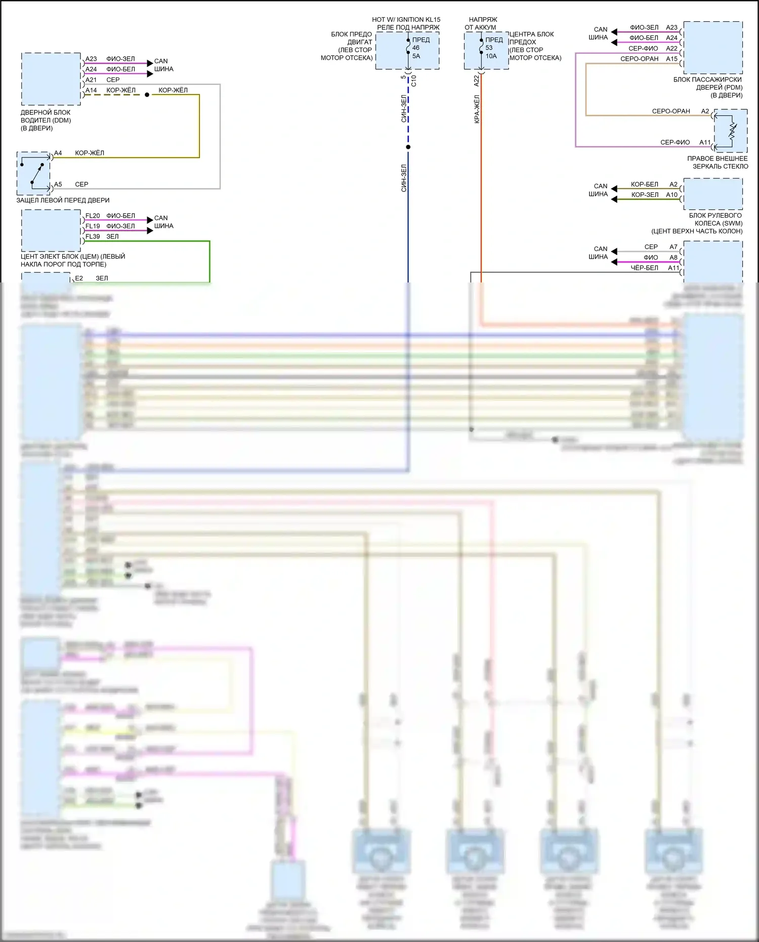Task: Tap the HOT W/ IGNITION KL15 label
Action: pos(406,20)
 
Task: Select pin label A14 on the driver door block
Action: pos(91,91)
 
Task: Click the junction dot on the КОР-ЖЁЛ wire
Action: pos(147,95)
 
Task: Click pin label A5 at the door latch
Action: pos(58,185)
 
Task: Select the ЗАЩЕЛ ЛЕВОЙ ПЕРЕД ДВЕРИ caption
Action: pos(63,200)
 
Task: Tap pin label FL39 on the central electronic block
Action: pos(93,237)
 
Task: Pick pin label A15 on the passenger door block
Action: pos(671,59)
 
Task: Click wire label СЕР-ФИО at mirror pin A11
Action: pos(675,143)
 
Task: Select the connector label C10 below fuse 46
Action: pos(414,80)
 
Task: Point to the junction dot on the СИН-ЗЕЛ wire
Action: pos(408,147)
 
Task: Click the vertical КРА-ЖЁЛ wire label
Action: pos(477,109)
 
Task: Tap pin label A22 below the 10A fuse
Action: pos(477,80)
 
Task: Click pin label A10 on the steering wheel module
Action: pos(671,195)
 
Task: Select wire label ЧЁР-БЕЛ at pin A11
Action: pos(645,268)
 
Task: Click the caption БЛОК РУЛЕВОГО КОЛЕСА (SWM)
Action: pos(715,219)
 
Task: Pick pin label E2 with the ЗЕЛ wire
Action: pos(79,278)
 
